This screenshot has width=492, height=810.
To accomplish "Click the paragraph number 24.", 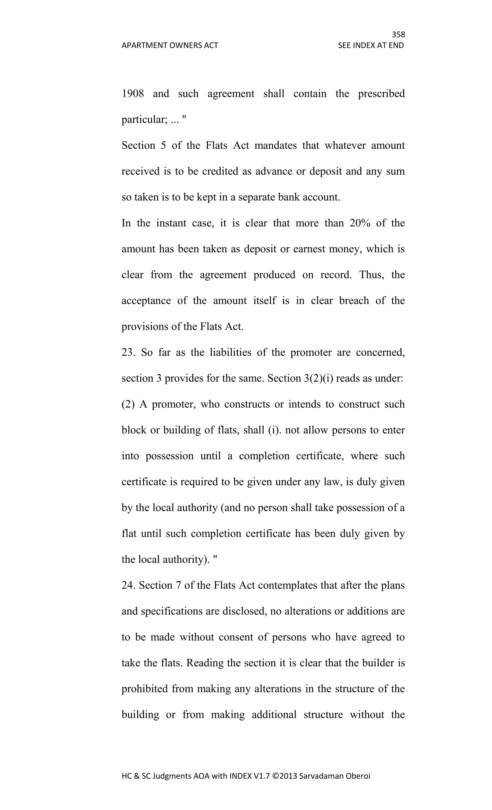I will (128, 585).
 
